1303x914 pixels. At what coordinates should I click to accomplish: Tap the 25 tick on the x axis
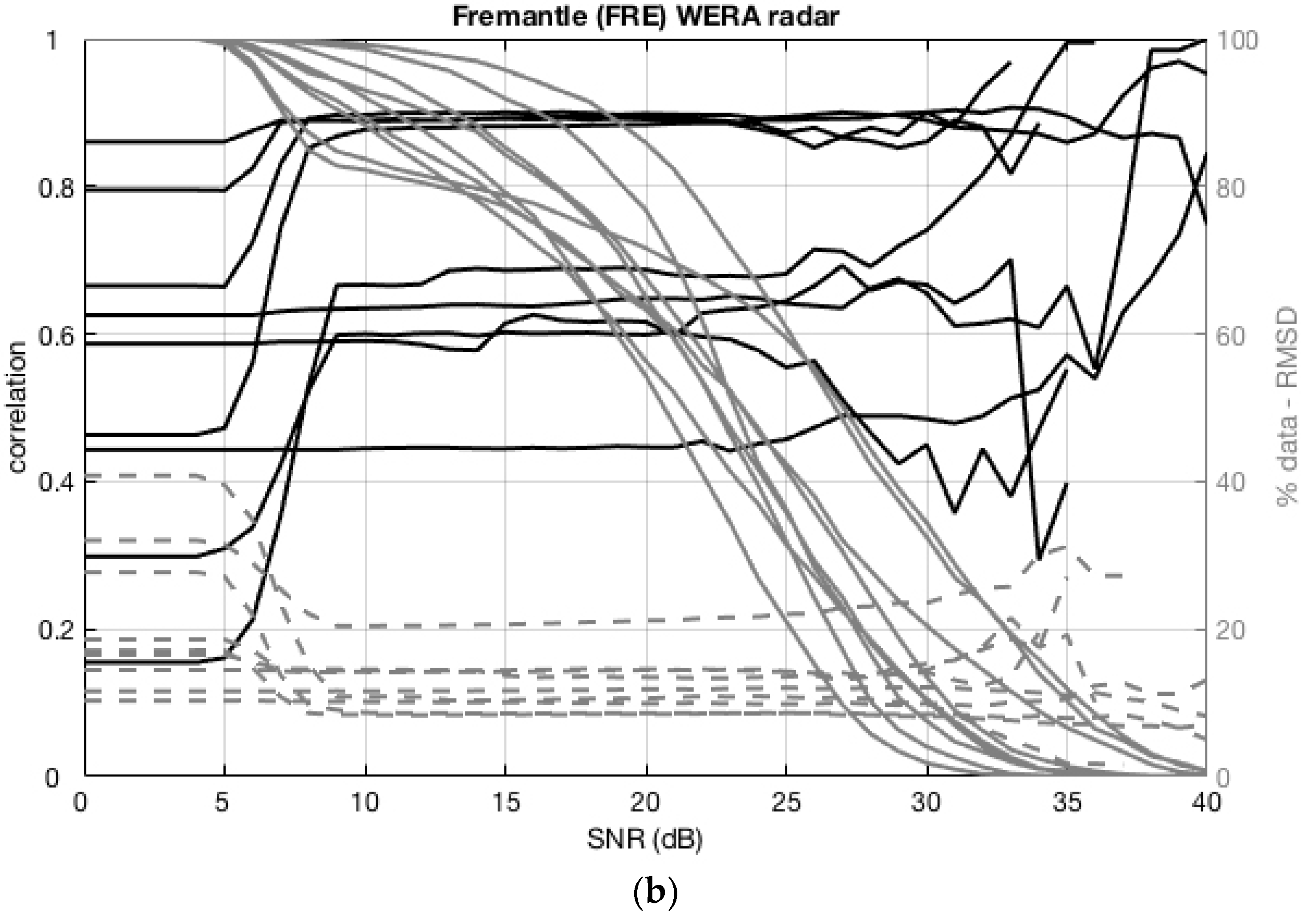coord(786,803)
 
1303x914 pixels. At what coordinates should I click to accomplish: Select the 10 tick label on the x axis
coord(365,803)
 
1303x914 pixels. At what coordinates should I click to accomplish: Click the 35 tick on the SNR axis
coord(1066,803)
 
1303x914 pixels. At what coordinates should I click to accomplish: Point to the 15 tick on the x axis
coord(506,803)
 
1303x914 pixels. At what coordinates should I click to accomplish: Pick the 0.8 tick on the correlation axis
coord(56,187)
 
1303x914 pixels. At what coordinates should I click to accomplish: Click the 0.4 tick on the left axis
coord(56,482)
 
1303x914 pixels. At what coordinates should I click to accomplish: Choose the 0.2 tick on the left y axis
coord(56,630)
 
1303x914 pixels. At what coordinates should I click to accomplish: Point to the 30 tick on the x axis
coord(926,803)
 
